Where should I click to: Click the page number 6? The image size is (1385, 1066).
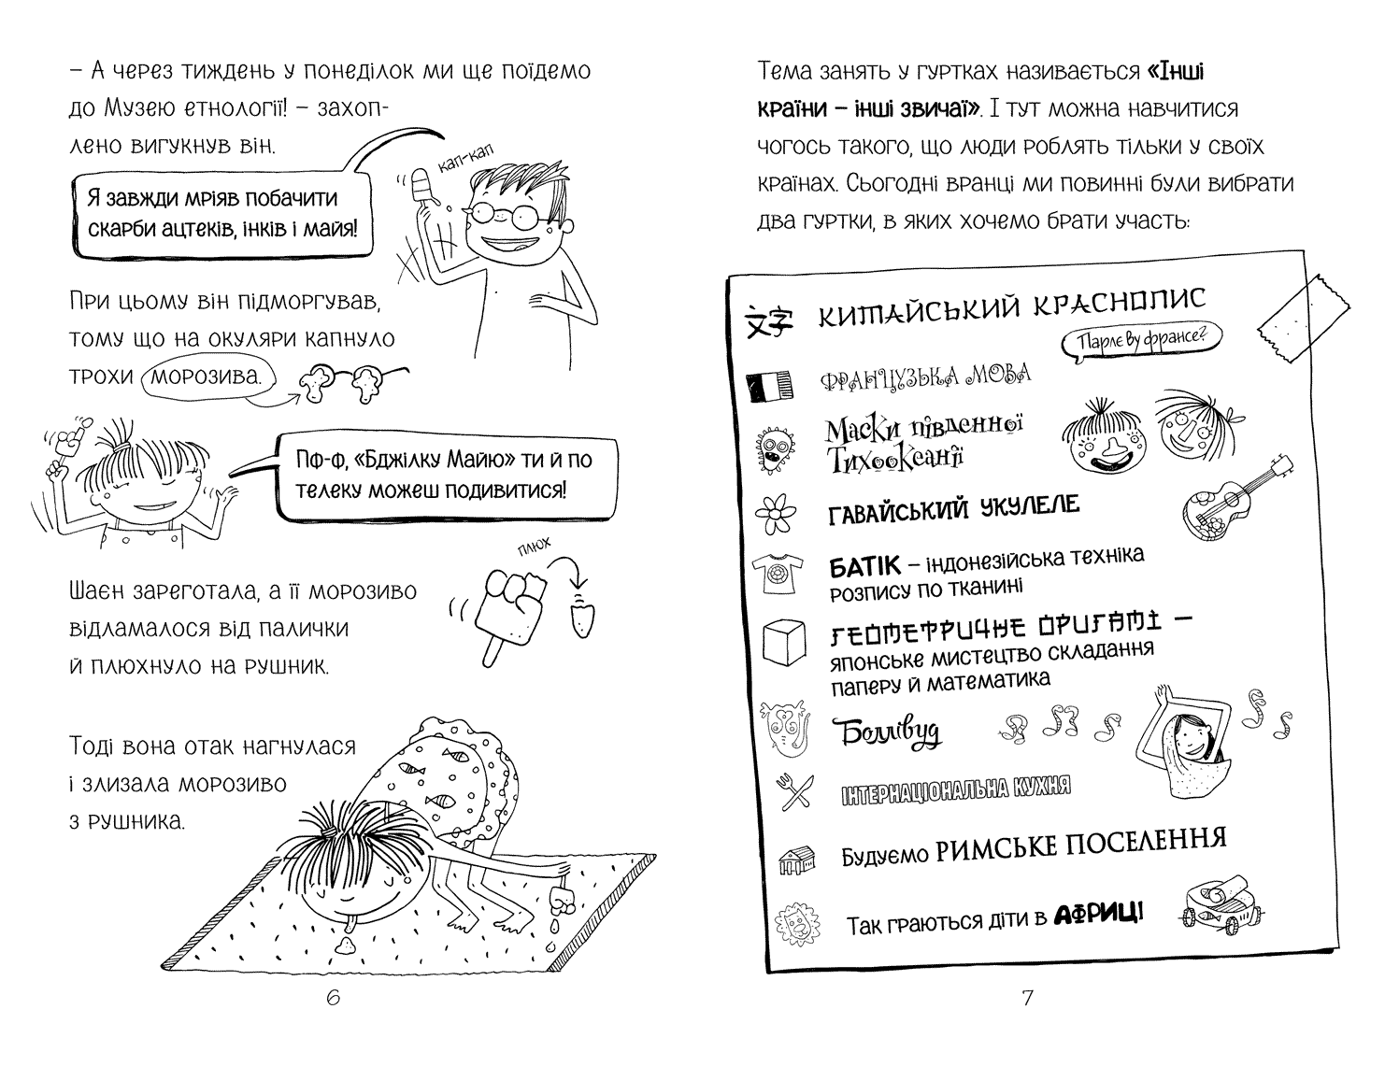click(x=334, y=999)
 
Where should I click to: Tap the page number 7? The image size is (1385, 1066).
click(x=1026, y=999)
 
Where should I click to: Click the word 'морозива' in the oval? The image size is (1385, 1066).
click(x=212, y=377)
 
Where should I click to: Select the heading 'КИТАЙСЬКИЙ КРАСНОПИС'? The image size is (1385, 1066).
click(x=1011, y=306)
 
